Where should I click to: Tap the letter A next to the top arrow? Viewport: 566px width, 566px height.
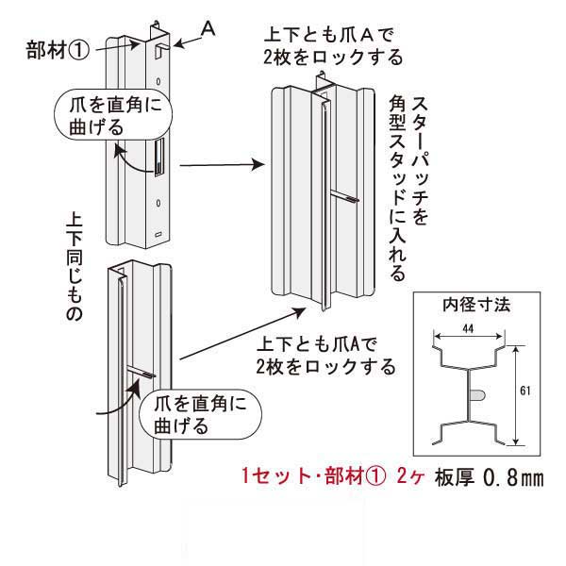(209, 29)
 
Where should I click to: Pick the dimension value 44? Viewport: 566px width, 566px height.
(469, 326)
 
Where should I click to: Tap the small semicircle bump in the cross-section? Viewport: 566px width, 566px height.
(479, 392)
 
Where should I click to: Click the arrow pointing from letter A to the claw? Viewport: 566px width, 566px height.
(185, 38)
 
